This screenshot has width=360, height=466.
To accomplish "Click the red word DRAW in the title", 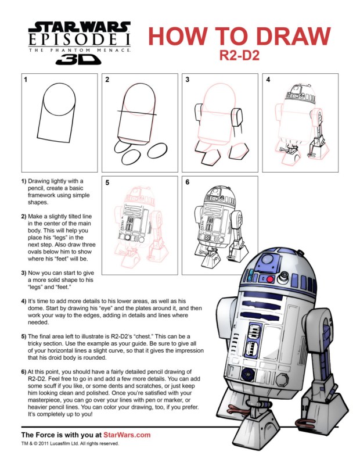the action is point(293,36).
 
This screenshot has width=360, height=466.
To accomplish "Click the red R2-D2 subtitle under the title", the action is point(239,56).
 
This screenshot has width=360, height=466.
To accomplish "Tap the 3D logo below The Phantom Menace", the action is point(78,59).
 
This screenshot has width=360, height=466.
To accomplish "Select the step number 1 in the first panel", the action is point(26,80).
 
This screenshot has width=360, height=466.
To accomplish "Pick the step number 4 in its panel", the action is point(268,80).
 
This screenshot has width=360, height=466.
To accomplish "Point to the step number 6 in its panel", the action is point(188,182).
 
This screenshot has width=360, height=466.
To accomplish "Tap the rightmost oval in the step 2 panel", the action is point(157,150).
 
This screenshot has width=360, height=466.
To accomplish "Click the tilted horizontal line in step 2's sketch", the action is point(137,112).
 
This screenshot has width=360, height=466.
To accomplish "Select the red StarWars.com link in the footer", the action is point(127,435).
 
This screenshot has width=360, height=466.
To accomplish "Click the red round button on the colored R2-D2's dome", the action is point(269,279).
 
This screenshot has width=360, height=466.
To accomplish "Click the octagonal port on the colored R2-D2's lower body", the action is point(282,379).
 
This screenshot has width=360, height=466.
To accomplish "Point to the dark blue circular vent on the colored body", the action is point(247,374).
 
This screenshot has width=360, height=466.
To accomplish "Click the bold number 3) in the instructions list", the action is point(24,273).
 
